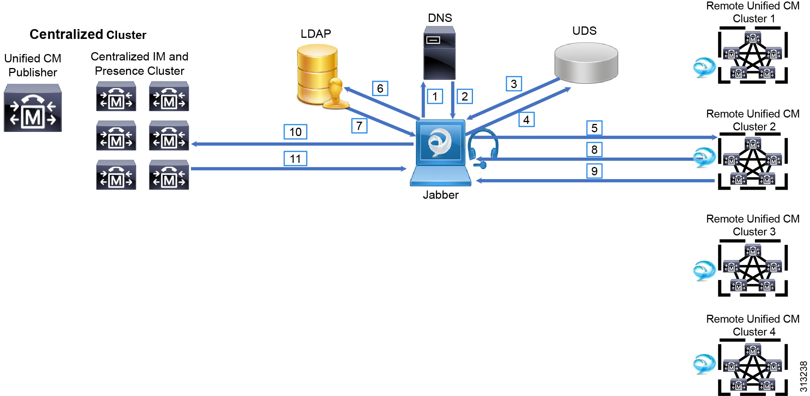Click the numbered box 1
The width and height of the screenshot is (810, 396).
click(435, 96)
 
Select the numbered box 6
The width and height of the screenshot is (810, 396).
click(380, 88)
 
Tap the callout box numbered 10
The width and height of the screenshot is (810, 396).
click(295, 132)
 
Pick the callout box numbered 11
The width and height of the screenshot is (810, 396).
click(295, 159)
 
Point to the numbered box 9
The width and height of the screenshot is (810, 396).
click(594, 171)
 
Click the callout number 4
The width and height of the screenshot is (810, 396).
click(526, 120)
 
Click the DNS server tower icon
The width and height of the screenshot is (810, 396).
click(439, 53)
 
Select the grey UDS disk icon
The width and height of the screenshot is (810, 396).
click(586, 62)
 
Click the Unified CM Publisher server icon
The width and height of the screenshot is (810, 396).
click(33, 108)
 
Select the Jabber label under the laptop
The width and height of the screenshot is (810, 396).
click(440, 195)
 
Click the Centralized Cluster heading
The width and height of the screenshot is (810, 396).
click(88, 34)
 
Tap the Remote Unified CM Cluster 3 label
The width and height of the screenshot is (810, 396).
click(753, 225)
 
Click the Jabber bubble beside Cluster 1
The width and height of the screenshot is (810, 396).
click(704, 68)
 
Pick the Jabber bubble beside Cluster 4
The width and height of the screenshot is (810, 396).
click(704, 364)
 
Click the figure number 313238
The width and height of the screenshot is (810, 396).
click(803, 376)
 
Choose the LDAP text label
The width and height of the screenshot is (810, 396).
click(316, 34)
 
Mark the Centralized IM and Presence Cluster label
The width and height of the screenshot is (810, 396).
click(139, 63)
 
